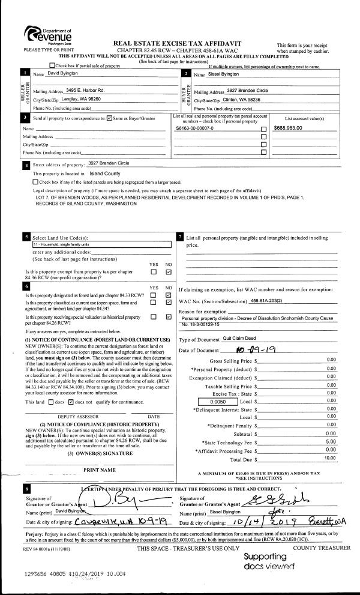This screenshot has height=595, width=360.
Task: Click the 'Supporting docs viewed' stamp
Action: coord(269,561)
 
